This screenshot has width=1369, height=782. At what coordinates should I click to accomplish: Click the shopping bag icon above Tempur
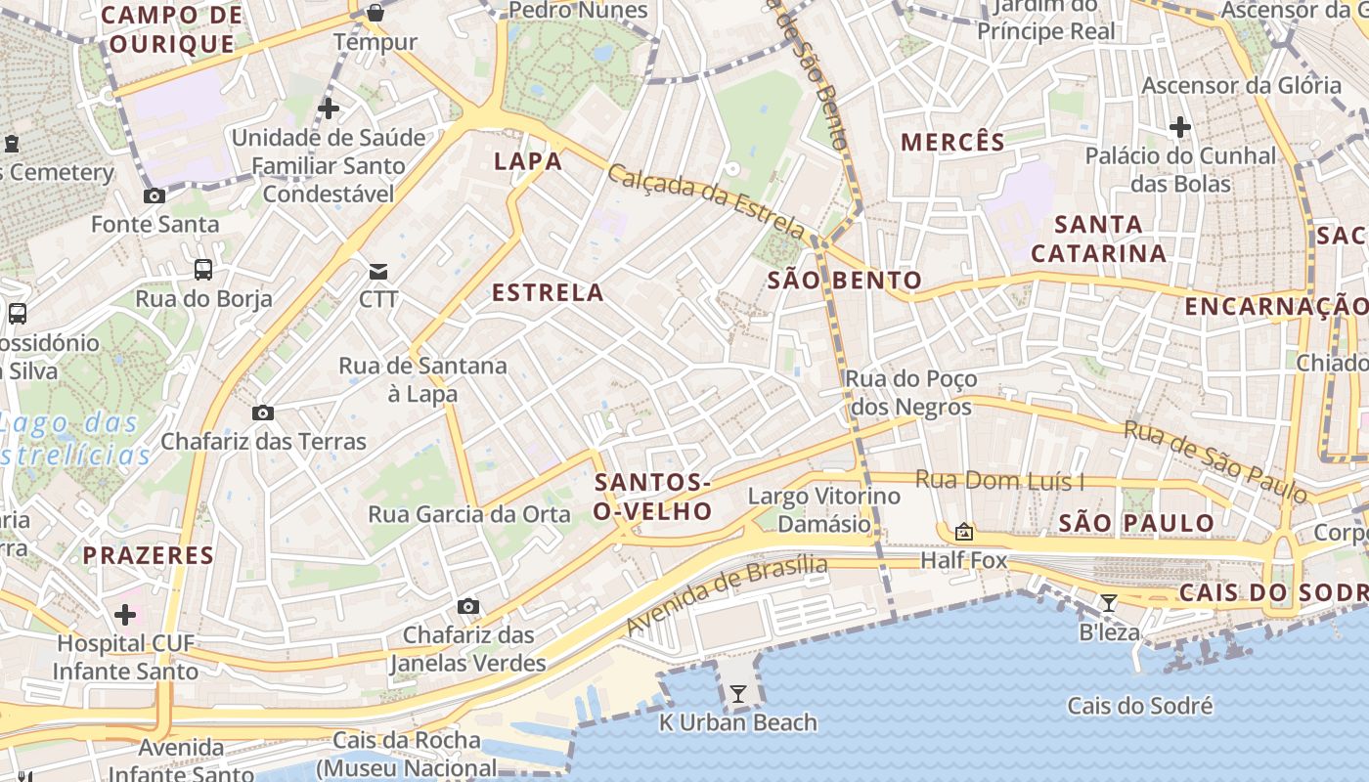[x=375, y=13]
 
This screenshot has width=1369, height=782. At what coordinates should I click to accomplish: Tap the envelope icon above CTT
[x=377, y=271]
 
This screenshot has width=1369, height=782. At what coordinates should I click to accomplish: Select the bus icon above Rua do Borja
[x=203, y=269]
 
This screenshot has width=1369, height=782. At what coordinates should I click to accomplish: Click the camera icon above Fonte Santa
[x=155, y=195]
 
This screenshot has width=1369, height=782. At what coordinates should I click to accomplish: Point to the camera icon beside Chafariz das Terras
[x=262, y=413]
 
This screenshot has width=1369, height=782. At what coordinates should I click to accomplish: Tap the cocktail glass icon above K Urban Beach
[x=738, y=694]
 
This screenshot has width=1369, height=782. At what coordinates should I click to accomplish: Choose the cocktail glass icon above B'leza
[x=1108, y=603]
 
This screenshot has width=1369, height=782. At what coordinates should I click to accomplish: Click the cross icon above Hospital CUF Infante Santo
[x=125, y=615]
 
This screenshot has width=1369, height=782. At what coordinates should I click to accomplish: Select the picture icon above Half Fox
[x=963, y=532]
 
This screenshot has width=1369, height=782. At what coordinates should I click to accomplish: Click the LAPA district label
[x=528, y=161]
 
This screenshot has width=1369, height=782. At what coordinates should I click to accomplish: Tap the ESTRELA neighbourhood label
[x=548, y=292]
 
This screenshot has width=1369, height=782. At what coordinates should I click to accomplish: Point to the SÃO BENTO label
[x=845, y=281]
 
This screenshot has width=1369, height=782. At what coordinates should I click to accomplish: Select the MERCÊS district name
[x=952, y=142]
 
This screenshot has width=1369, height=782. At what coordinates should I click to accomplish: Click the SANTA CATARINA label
[x=1099, y=239]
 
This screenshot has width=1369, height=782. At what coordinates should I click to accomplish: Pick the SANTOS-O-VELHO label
[x=652, y=497]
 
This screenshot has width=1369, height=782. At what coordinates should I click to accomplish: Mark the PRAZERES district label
[x=148, y=555]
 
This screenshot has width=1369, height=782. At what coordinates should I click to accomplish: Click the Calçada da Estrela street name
[x=706, y=201]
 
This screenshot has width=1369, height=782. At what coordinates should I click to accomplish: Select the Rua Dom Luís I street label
[x=1000, y=480]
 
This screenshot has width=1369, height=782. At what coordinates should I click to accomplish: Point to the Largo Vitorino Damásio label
[x=824, y=509]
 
